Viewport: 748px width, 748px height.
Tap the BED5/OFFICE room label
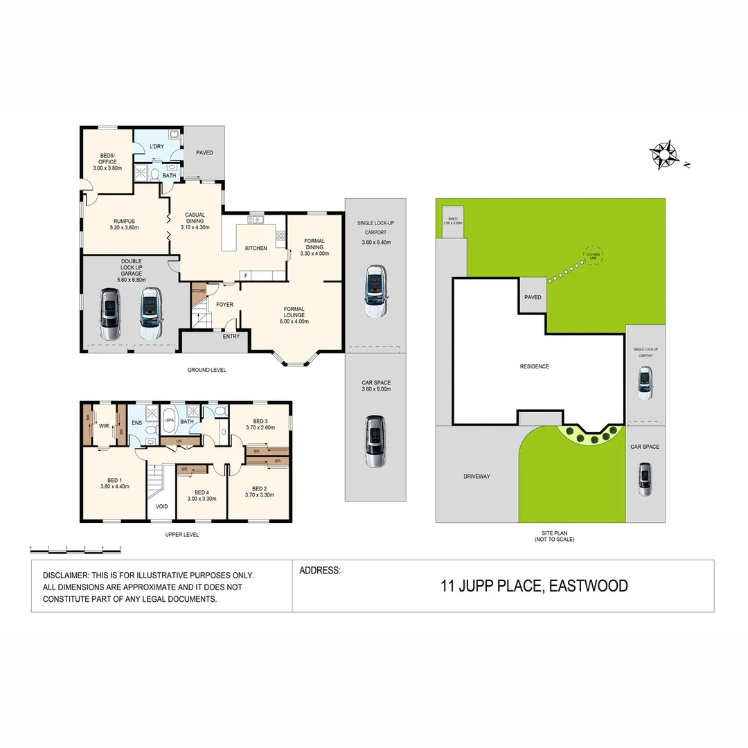coord(107,162)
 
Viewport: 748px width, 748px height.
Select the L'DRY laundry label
coord(157,146)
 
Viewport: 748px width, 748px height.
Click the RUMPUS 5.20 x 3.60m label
coord(124,224)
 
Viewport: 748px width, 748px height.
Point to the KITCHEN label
coord(256,248)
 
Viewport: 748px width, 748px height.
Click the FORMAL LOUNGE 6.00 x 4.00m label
coord(294,315)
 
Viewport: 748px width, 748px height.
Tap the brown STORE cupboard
coord(199,291)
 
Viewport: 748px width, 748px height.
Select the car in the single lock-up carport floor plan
coord(375,291)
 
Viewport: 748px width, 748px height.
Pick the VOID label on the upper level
coord(161,506)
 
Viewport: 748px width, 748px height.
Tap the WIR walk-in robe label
coord(104,426)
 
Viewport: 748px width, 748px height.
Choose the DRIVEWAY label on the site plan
coord(476,477)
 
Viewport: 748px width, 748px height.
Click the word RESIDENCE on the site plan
coord(535,366)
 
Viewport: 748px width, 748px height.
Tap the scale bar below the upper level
coord(75,548)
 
